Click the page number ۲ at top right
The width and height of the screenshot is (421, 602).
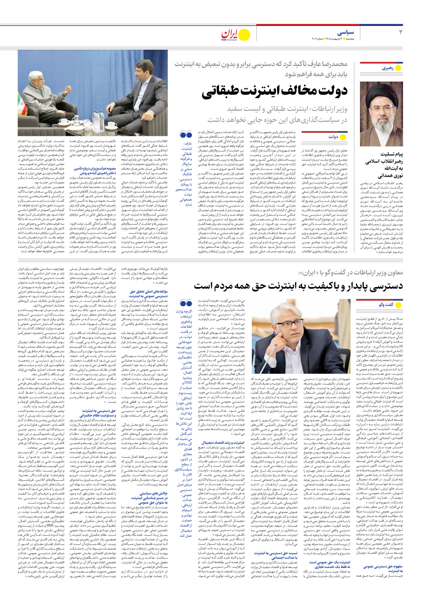(x=400, y=32)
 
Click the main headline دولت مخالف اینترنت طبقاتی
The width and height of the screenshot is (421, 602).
(x=274, y=91)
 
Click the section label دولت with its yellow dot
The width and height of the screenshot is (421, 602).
(x=337, y=137)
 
